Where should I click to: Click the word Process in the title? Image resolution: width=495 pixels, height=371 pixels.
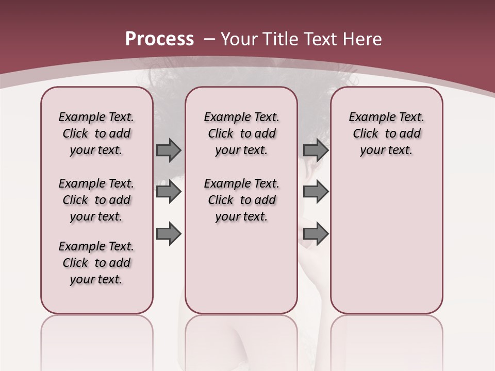(159, 39)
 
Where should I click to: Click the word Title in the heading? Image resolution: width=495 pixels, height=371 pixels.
(282, 39)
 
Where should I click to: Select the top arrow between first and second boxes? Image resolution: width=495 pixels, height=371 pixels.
(169, 150)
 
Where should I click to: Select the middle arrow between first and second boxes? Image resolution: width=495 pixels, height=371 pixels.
(169, 192)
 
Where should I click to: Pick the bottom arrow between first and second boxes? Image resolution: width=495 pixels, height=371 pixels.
(169, 234)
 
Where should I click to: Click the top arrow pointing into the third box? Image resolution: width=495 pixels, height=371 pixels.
(316, 150)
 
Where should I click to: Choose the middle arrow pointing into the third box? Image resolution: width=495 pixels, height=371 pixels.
(316, 192)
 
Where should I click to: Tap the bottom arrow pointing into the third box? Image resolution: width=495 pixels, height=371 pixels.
(316, 234)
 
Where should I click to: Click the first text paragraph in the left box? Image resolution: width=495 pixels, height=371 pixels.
(96, 133)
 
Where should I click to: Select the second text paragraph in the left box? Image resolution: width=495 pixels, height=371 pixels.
(96, 200)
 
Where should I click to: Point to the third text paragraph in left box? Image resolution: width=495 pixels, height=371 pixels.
(96, 263)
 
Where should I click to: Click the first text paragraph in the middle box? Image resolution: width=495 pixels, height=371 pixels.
(241, 133)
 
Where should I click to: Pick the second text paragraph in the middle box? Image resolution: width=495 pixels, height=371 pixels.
(241, 200)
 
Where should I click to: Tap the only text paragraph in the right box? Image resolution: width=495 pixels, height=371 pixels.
(386, 133)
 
